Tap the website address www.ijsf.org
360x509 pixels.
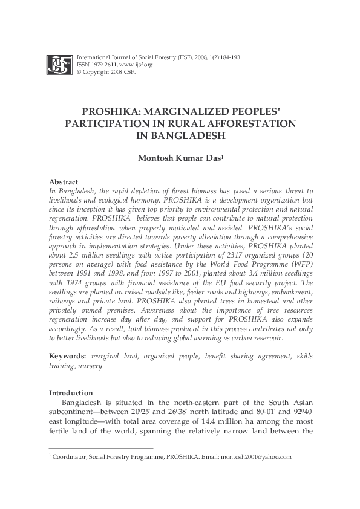pos(136,64)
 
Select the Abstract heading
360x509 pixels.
pos(63,181)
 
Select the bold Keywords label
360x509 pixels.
pos(66,357)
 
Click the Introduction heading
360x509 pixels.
pos(71,392)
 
